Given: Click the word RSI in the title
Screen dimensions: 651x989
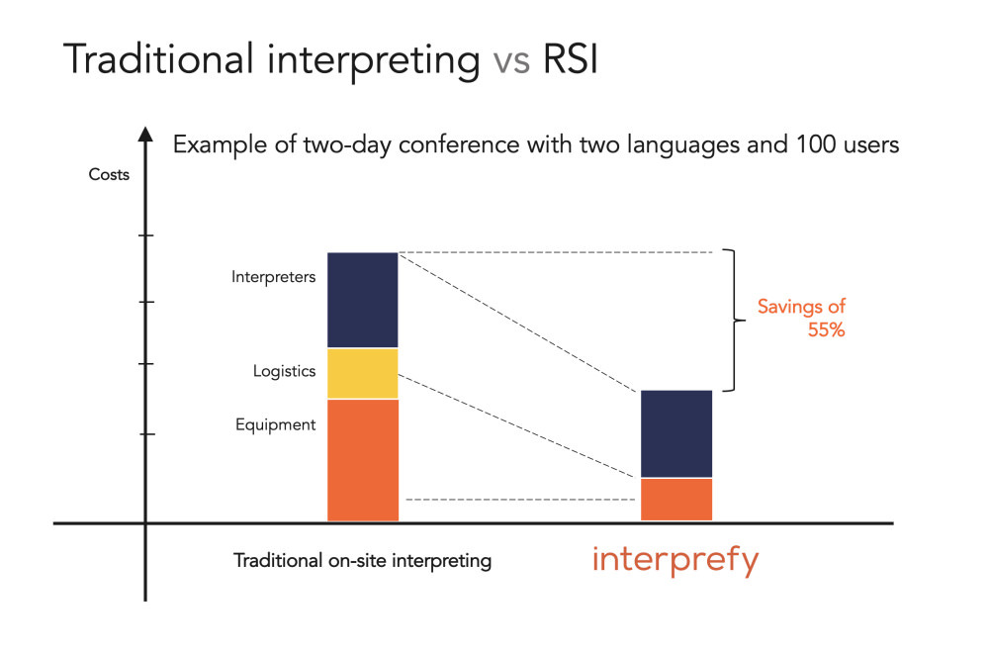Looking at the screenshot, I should (x=572, y=60).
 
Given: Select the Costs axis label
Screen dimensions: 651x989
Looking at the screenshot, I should (x=109, y=175).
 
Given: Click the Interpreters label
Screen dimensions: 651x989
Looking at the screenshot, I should (x=273, y=277).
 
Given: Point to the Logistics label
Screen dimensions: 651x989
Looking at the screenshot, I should (x=284, y=372).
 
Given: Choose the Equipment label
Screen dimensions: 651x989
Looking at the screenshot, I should (x=275, y=425).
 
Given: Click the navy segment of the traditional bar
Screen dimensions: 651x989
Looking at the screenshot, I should (x=362, y=300).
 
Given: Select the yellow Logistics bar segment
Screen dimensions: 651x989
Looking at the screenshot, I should (x=362, y=373).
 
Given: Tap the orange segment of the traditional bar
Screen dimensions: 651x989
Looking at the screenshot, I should (x=362, y=459).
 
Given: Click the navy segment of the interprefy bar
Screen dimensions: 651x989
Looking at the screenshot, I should (x=676, y=433).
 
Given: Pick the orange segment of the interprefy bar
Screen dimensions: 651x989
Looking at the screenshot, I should (x=676, y=499).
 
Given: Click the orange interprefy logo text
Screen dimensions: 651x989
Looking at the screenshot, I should (x=674, y=561).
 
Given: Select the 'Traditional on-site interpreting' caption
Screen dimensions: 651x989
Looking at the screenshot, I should (x=362, y=561).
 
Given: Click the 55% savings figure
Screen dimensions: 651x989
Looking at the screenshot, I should (x=825, y=330).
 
